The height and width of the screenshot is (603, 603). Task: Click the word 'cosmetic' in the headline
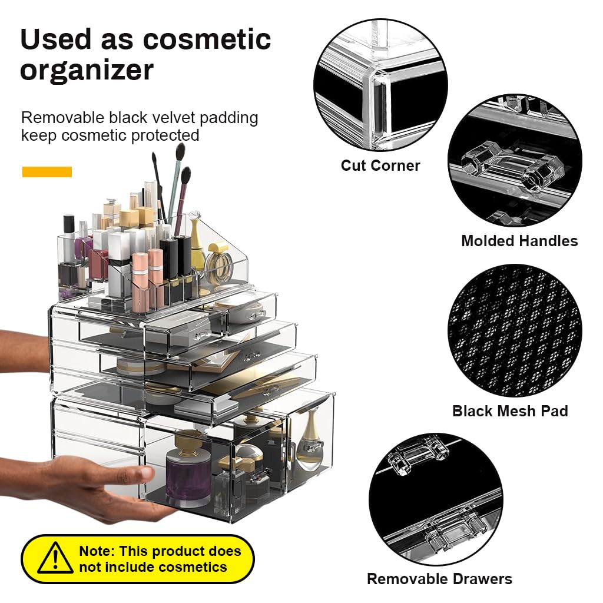pos(207,39)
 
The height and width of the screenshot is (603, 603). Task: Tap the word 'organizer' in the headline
pos(87,70)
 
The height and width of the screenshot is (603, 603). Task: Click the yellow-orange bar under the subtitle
pos(47,172)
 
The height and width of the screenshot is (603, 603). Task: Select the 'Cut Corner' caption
pos(380,165)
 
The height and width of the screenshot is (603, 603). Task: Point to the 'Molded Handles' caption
pos(519,241)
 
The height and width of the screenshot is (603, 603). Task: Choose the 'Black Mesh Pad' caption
pos(510,411)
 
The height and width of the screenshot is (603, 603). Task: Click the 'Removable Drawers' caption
pos(439,579)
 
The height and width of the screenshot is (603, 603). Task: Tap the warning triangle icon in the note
pos(55,558)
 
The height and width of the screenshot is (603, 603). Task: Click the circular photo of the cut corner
pos(380,84)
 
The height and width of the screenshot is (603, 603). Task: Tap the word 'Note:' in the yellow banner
pos(97,552)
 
